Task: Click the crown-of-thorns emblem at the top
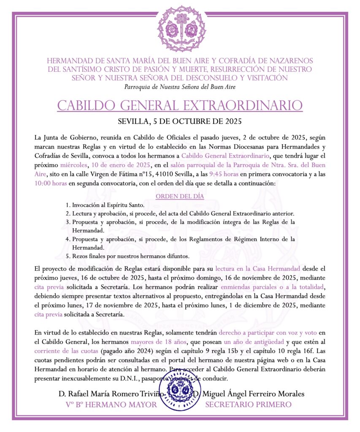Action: pyautogui.click(x=181, y=28)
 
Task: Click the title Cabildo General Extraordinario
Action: pyautogui.click(x=180, y=105)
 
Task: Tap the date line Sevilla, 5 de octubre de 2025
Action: pyautogui.click(x=180, y=122)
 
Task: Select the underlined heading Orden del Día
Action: pyautogui.click(x=180, y=196)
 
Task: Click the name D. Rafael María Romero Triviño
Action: pyautogui.click(x=111, y=394)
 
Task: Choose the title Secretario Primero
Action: pyautogui.click(x=248, y=405)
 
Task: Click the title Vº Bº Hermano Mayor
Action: pyautogui.click(x=111, y=405)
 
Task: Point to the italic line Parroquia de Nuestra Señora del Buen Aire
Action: pyautogui.click(x=180, y=87)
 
